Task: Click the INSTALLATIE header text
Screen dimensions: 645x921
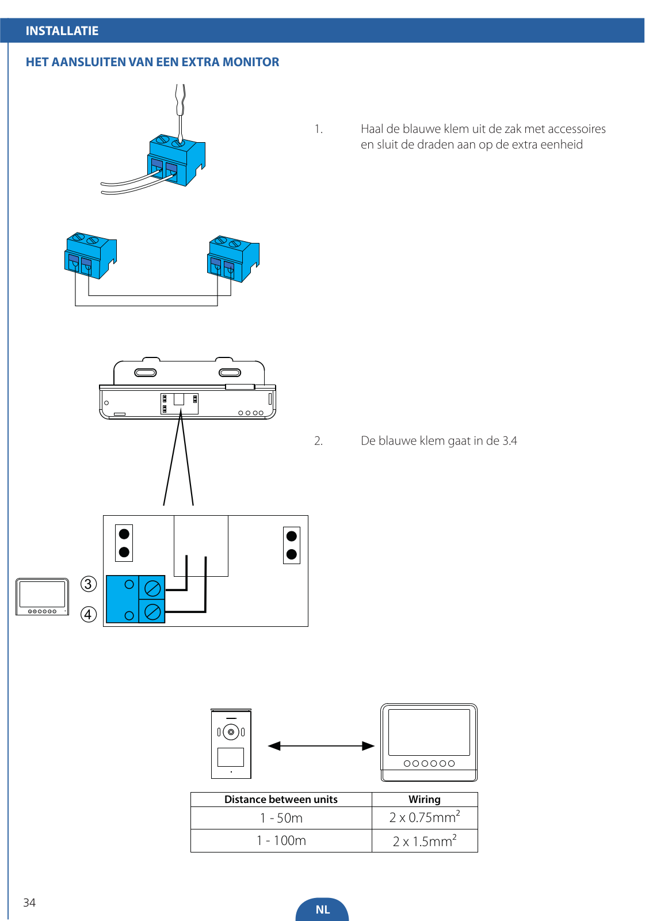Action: click(62, 31)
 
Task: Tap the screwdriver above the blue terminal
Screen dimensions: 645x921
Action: click(180, 112)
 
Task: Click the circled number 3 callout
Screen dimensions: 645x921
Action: click(89, 584)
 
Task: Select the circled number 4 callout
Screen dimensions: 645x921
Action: click(89, 615)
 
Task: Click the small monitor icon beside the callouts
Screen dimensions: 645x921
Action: click(42, 596)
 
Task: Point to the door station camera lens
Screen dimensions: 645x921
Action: click(231, 732)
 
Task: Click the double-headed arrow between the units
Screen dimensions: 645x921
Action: click(321, 746)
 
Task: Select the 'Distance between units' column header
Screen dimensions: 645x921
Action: click(281, 800)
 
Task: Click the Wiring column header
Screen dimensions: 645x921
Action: click(424, 800)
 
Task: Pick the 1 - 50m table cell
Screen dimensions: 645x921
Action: click(281, 818)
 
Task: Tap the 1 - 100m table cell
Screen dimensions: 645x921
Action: click(281, 841)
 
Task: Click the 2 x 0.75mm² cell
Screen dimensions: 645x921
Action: click(425, 818)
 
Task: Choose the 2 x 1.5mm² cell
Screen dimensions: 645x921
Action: click(425, 841)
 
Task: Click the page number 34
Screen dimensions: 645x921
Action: click(29, 903)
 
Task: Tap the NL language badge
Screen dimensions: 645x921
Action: click(322, 909)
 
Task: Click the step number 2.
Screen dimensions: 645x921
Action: click(318, 441)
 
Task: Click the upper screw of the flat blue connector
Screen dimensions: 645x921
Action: click(152, 589)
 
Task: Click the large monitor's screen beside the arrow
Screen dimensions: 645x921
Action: click(429, 732)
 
